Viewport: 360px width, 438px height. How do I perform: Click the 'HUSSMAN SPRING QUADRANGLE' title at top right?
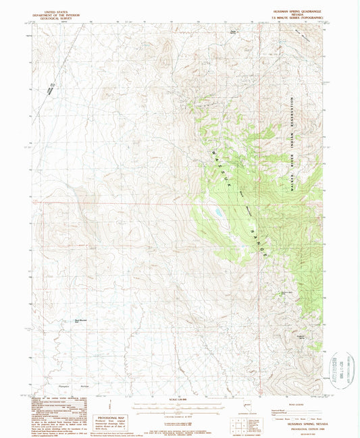click(x=297, y=11)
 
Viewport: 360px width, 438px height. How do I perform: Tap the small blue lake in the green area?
click(x=219, y=213)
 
